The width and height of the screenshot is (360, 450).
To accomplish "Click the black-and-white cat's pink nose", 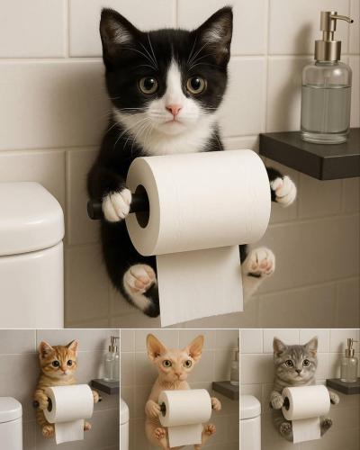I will coord(173,109).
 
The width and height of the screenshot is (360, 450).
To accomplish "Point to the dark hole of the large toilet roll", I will coord(141,205).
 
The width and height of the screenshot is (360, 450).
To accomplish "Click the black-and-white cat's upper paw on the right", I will coord(283,190).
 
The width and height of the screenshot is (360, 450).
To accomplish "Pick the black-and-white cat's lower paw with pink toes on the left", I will coord(139,278).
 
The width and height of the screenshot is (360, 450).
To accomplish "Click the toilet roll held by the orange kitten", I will coord(69,403).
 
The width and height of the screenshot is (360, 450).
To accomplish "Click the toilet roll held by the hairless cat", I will coord(184,408).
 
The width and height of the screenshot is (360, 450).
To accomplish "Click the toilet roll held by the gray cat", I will coord(305,402).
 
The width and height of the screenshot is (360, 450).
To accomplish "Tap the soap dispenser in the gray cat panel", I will coord(348,362).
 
